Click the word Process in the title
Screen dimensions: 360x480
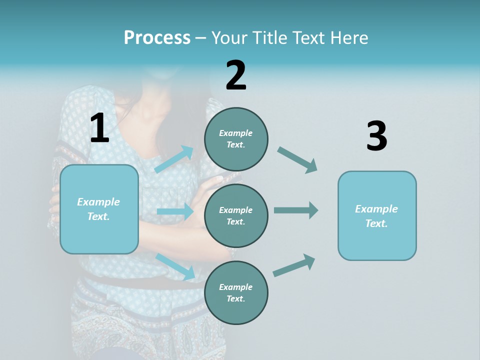[157, 38]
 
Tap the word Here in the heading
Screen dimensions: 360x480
[348, 38]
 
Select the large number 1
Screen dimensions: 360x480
[99, 128]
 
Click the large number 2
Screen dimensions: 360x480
[236, 75]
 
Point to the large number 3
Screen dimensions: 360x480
[376, 136]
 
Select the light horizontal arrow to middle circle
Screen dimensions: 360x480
[175, 211]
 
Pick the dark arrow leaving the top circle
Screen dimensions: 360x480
[297, 160]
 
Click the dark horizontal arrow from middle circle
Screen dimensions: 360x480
[296, 210]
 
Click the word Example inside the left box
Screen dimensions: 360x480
[98, 202]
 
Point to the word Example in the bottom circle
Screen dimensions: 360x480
[235, 287]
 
